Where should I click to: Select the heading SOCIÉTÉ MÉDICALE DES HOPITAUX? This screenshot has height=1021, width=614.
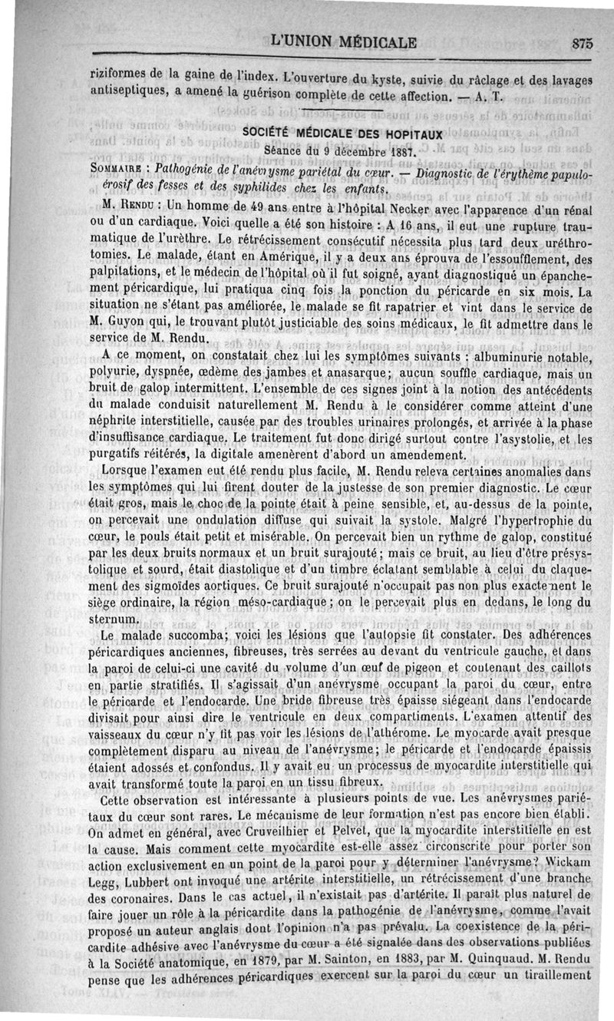point(342,134)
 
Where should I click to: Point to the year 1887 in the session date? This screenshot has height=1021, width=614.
point(396,151)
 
